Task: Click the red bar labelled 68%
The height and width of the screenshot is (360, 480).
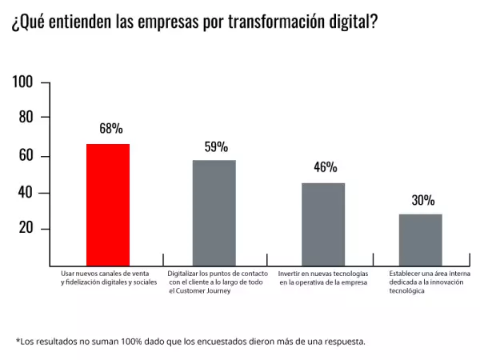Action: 108,204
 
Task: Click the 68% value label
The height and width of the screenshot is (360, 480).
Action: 111,128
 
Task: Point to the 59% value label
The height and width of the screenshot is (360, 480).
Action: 216,146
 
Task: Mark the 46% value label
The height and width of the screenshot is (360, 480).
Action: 325,167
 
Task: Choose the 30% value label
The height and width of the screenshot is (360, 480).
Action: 423,200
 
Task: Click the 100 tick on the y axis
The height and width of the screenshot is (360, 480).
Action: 23,82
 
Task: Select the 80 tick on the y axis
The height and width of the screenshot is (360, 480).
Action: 26,118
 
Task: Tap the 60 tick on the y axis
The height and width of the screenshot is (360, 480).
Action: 26,155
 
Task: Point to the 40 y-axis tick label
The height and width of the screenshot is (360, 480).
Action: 26,192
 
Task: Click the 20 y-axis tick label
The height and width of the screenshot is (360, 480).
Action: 26,229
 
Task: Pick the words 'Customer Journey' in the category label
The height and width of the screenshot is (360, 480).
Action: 200,291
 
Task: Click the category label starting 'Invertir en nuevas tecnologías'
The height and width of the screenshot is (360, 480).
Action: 323,274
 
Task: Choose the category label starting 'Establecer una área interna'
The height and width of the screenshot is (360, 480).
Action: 430,274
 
